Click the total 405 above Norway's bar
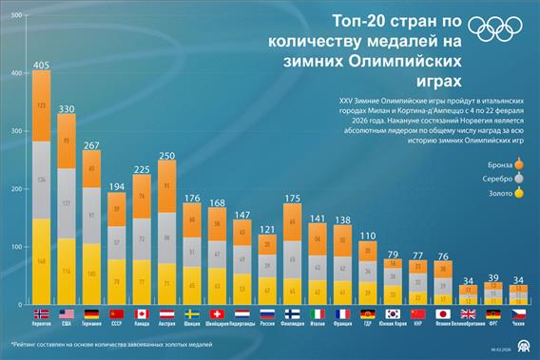coord(41,66)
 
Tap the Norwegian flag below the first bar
coord(41,313)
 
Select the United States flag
coord(67,313)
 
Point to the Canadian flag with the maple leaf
coord(142,313)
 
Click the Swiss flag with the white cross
coord(217,313)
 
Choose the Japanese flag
coord(442,313)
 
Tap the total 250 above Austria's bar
coord(166,154)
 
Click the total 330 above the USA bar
coord(67,109)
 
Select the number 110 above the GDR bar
coord(367,236)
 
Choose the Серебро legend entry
coord(497,178)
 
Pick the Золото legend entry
coord(500,194)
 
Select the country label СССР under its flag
coord(117,324)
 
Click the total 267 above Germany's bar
coord(92,145)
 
